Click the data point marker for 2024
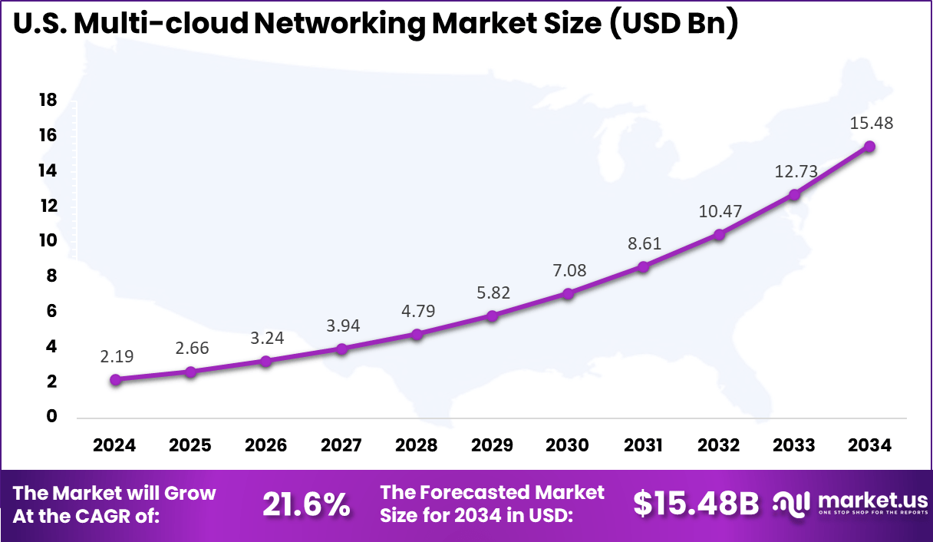pyautogui.click(x=116, y=379)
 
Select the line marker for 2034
pyautogui.click(x=869, y=146)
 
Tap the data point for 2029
pyautogui.click(x=493, y=316)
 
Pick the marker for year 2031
pyautogui.click(x=643, y=266)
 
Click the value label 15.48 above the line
pyautogui.click(x=872, y=123)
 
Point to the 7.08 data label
pyautogui.click(x=568, y=270)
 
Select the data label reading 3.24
pyautogui.click(x=267, y=338)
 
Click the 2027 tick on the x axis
pyautogui.click(x=341, y=445)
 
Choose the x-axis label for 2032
pyautogui.click(x=718, y=445)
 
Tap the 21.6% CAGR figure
pyautogui.click(x=306, y=504)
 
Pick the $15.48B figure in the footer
pyautogui.click(x=696, y=504)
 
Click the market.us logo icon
pyautogui.click(x=792, y=504)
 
